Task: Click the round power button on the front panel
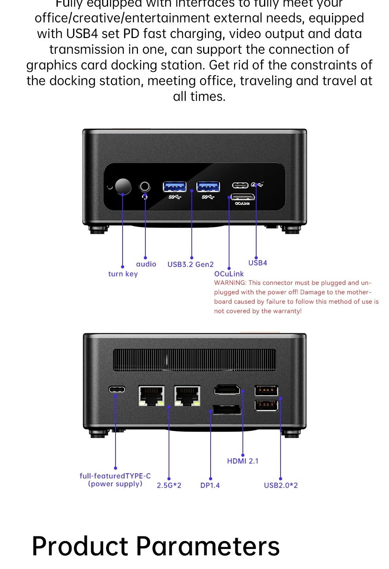(123, 186)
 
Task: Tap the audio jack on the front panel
(145, 186)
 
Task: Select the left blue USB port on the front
(174, 186)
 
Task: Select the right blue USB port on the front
(208, 186)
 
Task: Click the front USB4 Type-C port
(240, 185)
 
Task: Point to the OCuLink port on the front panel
(242, 197)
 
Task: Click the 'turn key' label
(123, 274)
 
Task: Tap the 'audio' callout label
(146, 264)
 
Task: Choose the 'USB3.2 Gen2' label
(191, 264)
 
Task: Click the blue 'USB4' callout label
(258, 263)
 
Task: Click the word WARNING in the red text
(230, 283)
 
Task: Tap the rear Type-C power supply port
(117, 390)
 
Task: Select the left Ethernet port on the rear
(151, 395)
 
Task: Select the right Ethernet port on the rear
(187, 395)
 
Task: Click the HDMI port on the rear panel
(227, 390)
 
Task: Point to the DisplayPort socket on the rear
(227, 410)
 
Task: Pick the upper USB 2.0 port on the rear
(266, 390)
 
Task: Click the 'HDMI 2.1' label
(243, 461)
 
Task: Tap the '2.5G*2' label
(169, 485)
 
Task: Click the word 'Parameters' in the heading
(208, 546)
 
